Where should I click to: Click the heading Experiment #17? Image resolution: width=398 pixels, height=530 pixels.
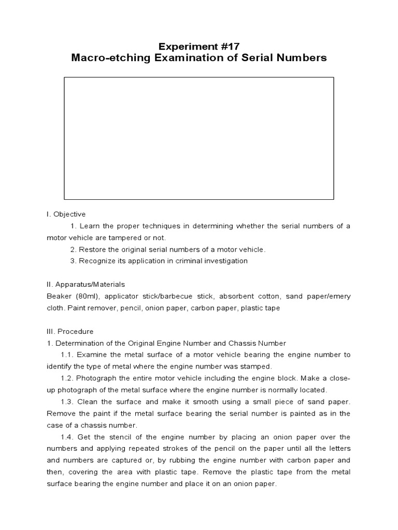(x=198, y=46)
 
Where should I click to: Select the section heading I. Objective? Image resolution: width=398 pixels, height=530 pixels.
(x=66, y=214)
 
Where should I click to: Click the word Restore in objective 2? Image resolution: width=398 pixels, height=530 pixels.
(x=92, y=249)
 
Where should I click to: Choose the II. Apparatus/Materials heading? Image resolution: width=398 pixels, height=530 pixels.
(x=86, y=285)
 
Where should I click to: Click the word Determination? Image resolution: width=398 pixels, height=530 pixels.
(x=79, y=343)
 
